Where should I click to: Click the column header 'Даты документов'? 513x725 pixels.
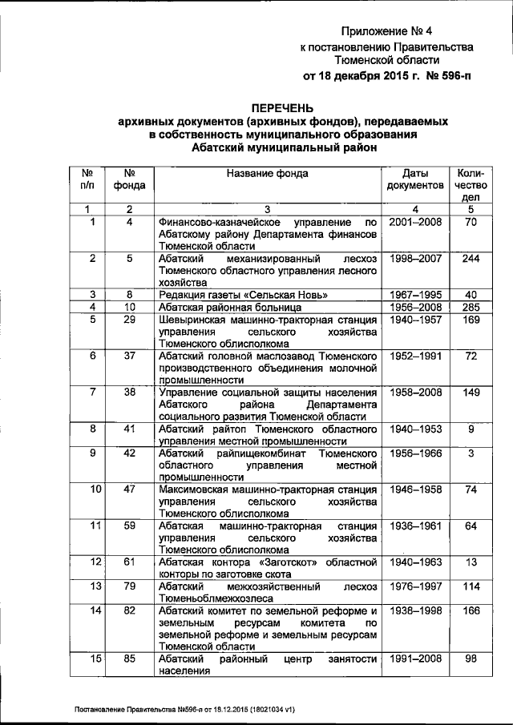tap(415, 179)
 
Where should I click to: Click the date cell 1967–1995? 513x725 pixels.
tap(415, 295)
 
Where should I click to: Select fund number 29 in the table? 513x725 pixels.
tap(129, 320)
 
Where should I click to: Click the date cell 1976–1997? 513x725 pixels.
tap(415, 586)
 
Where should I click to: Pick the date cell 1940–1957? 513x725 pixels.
tap(415, 320)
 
